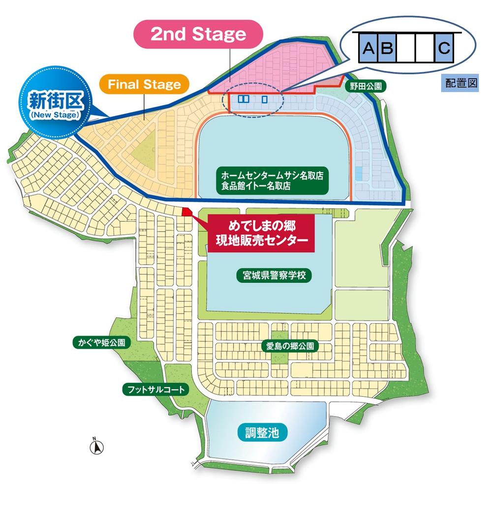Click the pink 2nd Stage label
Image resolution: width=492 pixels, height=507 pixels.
click(198, 34)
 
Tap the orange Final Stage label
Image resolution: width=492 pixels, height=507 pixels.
click(144, 85)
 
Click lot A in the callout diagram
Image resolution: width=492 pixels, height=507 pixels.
click(368, 48)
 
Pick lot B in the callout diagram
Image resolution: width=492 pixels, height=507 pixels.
click(387, 48)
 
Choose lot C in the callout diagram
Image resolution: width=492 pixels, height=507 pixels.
click(443, 48)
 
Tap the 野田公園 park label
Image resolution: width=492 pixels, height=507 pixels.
click(365, 87)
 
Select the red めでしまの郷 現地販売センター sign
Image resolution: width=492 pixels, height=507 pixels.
click(258, 234)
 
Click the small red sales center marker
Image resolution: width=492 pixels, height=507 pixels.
click(187, 212)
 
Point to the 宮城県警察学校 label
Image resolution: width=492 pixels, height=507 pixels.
click(270, 275)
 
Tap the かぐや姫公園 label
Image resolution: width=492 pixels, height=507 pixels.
click(100, 342)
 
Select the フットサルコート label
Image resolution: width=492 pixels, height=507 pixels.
click(154, 390)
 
